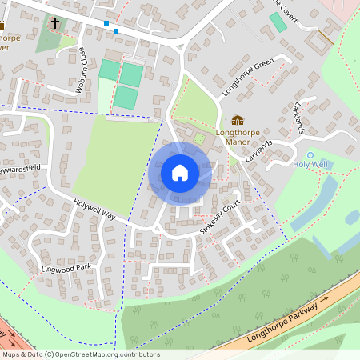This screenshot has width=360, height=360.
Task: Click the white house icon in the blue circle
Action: (x=180, y=173)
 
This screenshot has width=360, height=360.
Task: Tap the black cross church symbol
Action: (x=55, y=23)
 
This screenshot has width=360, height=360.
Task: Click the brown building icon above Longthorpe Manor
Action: (x=237, y=119)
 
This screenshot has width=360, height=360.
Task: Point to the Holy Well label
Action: (x=310, y=166)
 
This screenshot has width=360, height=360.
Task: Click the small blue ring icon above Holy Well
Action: (x=310, y=154)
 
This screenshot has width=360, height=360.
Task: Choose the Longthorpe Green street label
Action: (x=249, y=68)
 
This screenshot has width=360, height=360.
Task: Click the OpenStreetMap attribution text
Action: (x=81, y=354)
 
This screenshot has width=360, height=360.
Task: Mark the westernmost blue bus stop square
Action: (x=106, y=23)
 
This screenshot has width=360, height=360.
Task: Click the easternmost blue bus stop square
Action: (x=116, y=30)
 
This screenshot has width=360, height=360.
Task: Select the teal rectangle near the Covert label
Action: (x=278, y=22)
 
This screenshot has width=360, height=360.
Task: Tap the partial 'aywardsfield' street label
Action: (x=20, y=170)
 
